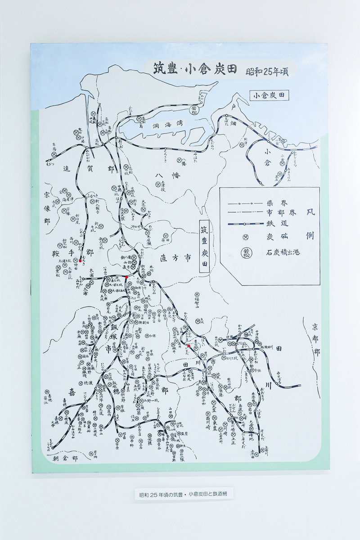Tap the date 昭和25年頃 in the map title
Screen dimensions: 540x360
pyautogui.click(x=267, y=72)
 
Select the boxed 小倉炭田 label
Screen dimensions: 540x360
pyautogui.click(x=270, y=95)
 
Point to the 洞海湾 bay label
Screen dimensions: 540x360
pyautogui.click(x=164, y=127)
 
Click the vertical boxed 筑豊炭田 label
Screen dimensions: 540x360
pyautogui.click(x=204, y=247)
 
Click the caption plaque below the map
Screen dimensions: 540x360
pyautogui.click(x=180, y=494)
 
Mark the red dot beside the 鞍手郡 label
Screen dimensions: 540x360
pyautogui.click(x=81, y=260)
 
